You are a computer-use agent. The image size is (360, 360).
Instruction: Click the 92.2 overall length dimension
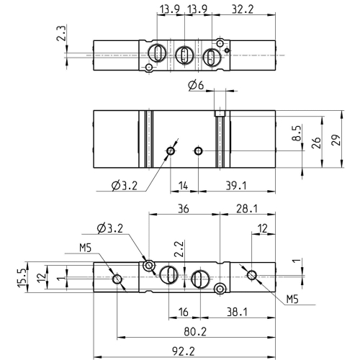point(184,352)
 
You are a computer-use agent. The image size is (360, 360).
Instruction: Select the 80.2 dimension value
point(195,332)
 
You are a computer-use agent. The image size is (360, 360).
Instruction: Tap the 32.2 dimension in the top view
point(243,9)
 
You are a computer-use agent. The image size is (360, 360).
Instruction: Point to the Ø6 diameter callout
point(196,86)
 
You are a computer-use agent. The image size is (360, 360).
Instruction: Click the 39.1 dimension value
point(236,186)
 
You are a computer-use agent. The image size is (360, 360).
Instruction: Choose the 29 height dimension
point(336,140)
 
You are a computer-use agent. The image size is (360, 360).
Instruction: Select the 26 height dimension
point(316,143)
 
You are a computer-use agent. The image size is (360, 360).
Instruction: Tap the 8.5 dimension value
point(297,133)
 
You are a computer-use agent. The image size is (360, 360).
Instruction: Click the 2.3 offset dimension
point(61,34)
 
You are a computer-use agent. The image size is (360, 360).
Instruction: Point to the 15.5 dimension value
point(22,277)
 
